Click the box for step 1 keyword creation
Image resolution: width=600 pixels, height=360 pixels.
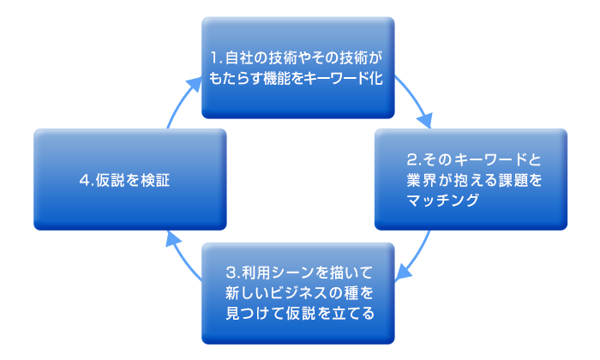click(297, 68)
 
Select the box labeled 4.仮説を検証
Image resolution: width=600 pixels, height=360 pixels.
click(130, 179)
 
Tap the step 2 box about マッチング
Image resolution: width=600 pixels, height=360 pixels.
click(471, 179)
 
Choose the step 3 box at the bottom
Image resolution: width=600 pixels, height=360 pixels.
click(297, 293)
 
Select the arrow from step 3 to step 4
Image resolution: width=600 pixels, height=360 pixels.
click(182, 255)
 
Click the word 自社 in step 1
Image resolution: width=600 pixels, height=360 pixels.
click(237, 57)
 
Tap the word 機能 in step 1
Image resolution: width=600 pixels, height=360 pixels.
click(279, 78)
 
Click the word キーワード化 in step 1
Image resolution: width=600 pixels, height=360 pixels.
click(344, 78)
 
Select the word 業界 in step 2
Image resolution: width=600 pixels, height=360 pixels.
click(422, 180)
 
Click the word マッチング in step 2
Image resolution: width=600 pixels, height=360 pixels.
click(443, 201)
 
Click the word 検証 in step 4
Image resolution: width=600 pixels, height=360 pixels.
click(155, 180)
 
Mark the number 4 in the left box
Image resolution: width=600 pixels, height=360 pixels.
click(84, 180)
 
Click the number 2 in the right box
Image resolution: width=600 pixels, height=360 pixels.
click(411, 160)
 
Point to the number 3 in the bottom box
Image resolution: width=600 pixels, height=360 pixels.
click(231, 273)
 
